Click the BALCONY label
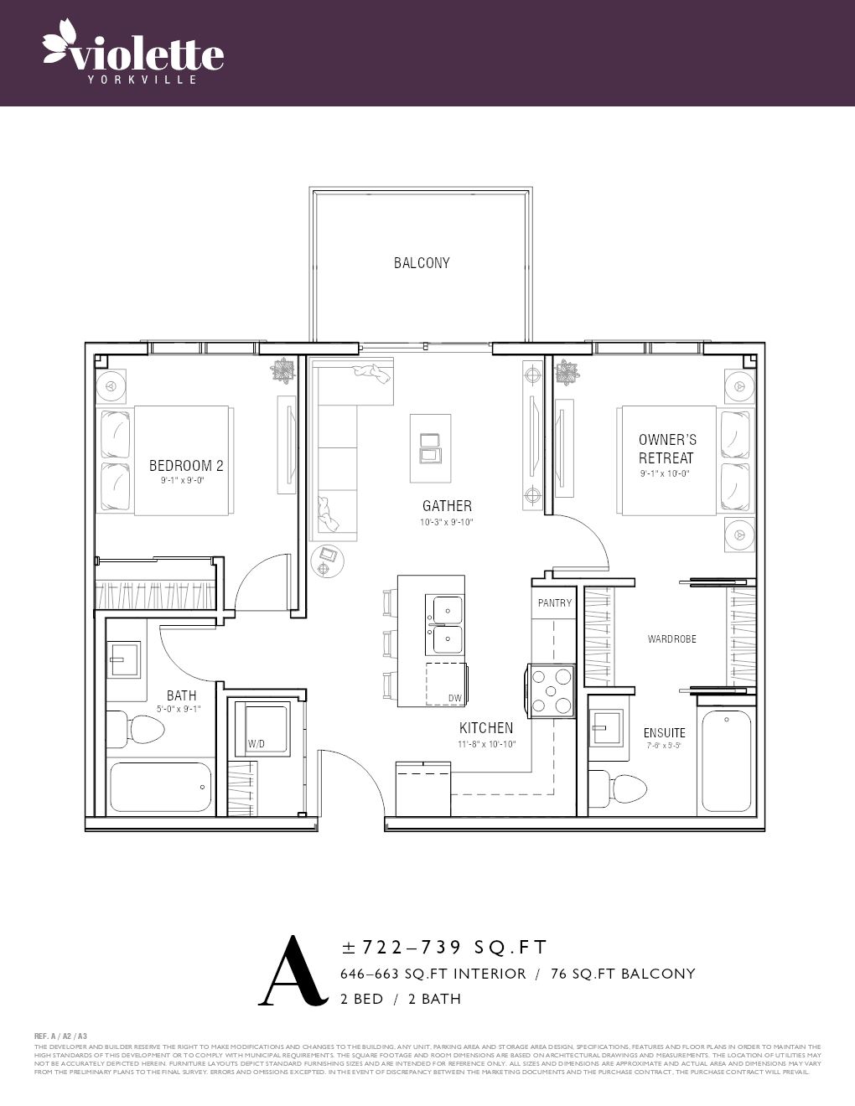[x=422, y=263]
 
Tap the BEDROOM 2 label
[x=186, y=466]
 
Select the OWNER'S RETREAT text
[x=666, y=448]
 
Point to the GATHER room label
[x=447, y=506]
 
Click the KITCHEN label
[x=486, y=728]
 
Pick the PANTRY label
[x=555, y=603]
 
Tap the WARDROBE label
[x=671, y=639]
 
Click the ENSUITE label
[x=664, y=733]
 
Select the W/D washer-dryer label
[x=256, y=744]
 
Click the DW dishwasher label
[x=454, y=698]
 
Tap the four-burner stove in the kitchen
[x=551, y=691]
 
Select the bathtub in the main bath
[x=159, y=787]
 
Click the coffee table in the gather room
[x=429, y=448]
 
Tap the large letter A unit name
[x=292, y=972]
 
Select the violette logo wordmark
[x=134, y=54]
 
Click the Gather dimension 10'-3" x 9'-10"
[x=447, y=523]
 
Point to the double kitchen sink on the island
[x=445, y=624]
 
